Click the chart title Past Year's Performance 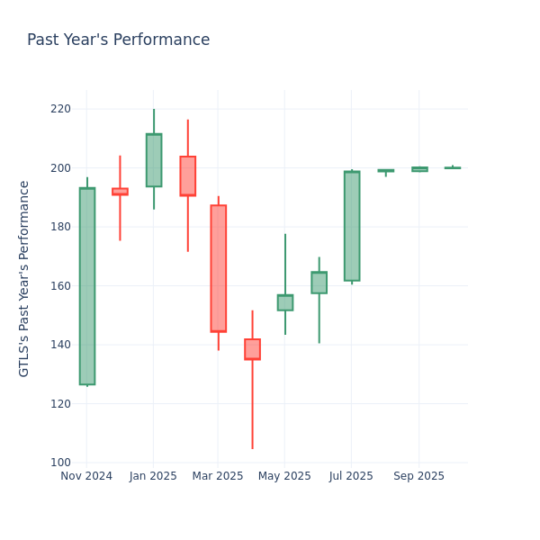click(x=118, y=40)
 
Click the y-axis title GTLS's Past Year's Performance click(x=24, y=278)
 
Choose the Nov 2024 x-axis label click(x=86, y=476)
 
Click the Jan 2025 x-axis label click(x=153, y=476)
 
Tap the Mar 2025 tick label click(x=218, y=476)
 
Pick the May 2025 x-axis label click(x=285, y=476)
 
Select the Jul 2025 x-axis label click(x=352, y=476)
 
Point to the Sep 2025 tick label click(x=419, y=476)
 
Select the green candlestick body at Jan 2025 click(x=154, y=160)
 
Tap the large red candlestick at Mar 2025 click(x=219, y=268)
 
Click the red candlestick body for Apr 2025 click(x=252, y=349)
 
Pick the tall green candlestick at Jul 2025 click(x=352, y=226)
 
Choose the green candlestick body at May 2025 click(x=285, y=302)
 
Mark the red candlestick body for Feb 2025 click(x=187, y=175)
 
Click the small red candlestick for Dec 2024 click(x=120, y=191)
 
